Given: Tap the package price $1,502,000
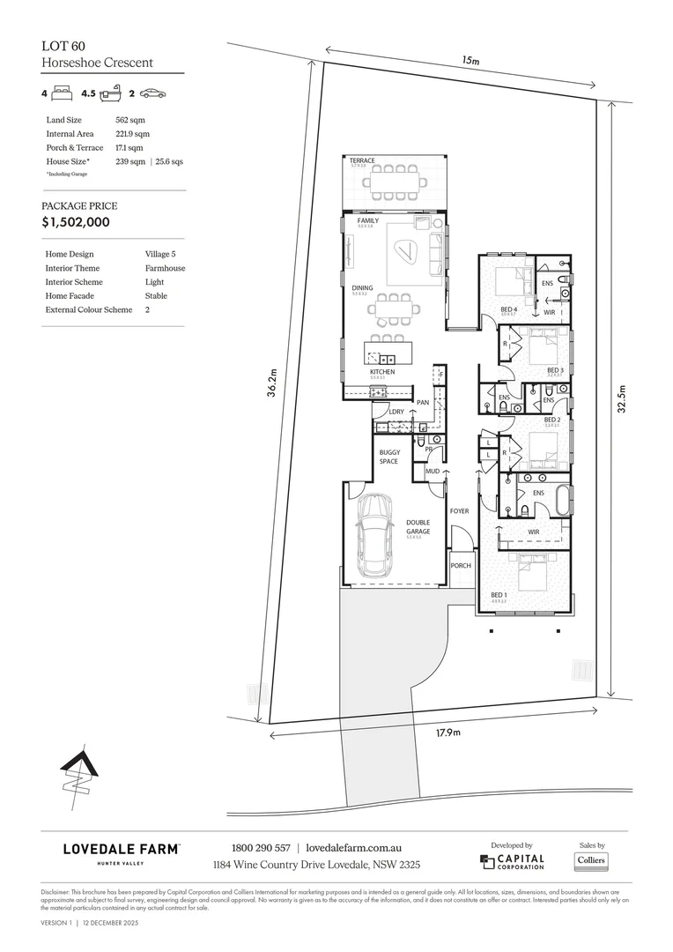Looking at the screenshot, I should click(76, 222).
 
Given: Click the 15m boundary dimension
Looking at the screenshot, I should click(470, 62).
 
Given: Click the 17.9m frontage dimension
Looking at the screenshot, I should click(449, 731).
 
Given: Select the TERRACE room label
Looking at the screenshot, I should click(361, 160).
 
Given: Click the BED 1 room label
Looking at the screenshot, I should click(499, 596).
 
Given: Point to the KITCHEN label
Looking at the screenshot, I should click(381, 372).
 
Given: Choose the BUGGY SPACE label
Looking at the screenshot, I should click(388, 457).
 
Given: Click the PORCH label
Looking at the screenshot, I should click(460, 566).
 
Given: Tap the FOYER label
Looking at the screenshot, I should click(459, 511).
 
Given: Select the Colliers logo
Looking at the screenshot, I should click(592, 859).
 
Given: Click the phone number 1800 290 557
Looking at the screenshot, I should click(254, 848).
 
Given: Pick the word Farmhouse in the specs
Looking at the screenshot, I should click(165, 268).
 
